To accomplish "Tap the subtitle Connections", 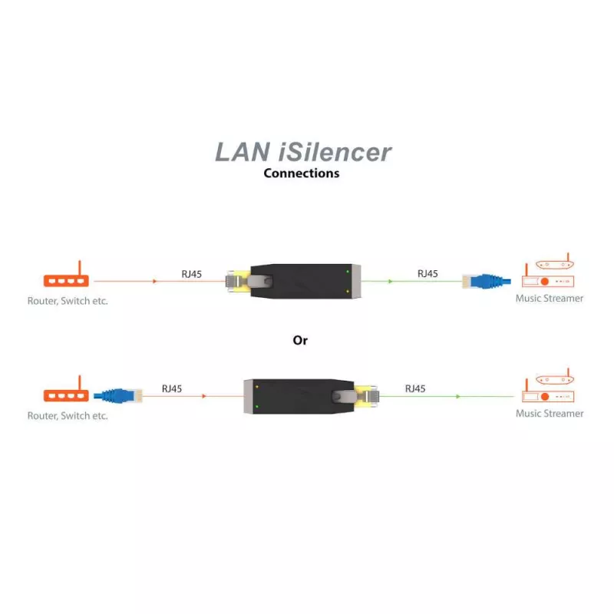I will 301,173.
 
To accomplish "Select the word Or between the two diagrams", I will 300,340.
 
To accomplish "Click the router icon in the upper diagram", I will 66,281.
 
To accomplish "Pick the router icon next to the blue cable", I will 66,395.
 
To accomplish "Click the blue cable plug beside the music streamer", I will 485,281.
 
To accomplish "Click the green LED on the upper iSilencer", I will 348,272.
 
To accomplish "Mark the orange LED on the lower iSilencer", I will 256,386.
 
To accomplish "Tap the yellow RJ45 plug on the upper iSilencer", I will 233,282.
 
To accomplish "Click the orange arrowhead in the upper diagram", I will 155,282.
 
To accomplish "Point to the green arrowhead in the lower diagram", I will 458,397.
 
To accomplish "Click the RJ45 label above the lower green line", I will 415,389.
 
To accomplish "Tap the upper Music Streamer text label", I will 550,299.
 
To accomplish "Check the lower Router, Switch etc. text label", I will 68,416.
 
